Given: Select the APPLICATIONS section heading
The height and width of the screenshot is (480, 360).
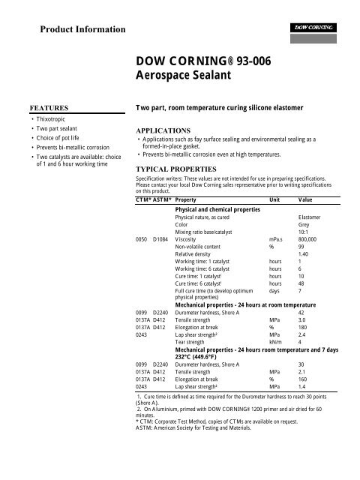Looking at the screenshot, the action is [165, 129].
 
